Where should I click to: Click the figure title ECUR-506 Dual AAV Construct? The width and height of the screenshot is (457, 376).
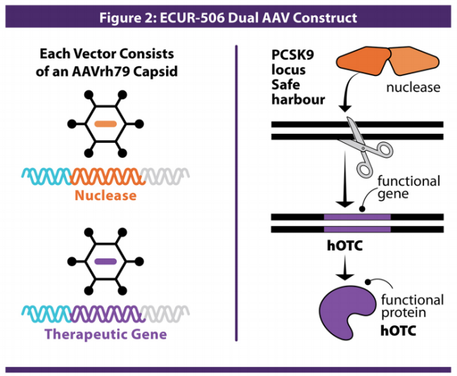coord(228,16)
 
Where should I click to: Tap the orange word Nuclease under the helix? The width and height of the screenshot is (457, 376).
coord(106,196)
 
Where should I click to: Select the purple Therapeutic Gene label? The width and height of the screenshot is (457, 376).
coord(106,334)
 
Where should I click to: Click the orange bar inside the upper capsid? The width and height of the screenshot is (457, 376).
coord(105,125)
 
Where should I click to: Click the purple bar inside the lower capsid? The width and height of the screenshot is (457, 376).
coord(105,261)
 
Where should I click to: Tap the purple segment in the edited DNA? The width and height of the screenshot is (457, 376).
coord(357,223)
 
